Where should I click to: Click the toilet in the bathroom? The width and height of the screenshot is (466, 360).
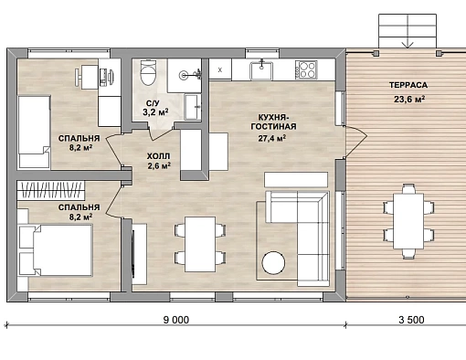[x=148, y=72]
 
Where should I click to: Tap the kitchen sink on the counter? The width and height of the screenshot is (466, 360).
[x=261, y=70]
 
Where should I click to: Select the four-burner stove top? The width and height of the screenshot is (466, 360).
[x=306, y=69]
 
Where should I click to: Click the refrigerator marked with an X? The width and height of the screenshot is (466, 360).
[x=220, y=69]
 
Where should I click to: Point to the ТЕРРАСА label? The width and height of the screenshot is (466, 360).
[x=408, y=85]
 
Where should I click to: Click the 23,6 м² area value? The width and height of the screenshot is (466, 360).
[x=409, y=99]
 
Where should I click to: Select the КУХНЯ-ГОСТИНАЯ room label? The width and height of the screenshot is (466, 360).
[x=273, y=122]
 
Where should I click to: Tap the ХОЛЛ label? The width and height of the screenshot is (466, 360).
[x=158, y=156]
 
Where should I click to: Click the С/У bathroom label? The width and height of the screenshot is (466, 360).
[x=153, y=103]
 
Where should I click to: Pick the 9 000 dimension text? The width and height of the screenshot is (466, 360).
[x=176, y=320]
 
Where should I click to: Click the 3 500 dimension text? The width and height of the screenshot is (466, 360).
[x=411, y=320]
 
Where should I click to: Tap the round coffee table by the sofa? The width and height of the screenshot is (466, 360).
[x=274, y=262]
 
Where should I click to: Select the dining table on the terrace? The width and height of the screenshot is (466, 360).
[x=408, y=221]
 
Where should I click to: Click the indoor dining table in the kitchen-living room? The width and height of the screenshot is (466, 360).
[x=200, y=244]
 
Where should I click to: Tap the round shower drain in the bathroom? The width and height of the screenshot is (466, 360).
[x=184, y=74]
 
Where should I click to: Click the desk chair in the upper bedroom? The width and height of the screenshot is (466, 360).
[x=79, y=76]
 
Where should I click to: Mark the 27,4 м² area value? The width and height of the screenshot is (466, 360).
[x=272, y=138]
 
